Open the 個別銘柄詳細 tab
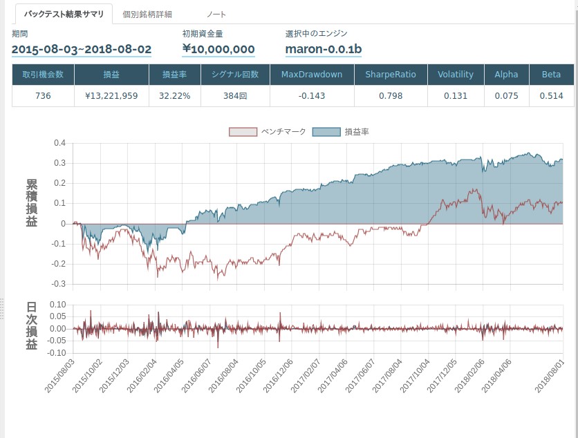click(147, 14)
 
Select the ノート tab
click(216, 14)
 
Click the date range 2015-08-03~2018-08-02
click(82, 49)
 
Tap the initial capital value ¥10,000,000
click(218, 49)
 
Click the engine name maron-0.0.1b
click(324, 49)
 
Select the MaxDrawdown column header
click(312, 75)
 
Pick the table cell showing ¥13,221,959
click(111, 96)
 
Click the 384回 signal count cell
click(236, 96)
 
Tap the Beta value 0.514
click(551, 96)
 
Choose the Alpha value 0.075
click(507, 96)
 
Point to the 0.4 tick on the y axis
click(59, 144)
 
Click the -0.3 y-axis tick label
click(58, 284)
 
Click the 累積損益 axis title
click(32, 203)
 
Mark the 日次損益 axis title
click(32, 327)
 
